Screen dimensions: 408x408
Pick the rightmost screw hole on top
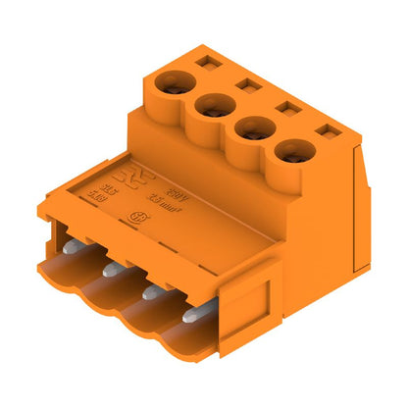290,151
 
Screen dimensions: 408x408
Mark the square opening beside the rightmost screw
324,130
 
